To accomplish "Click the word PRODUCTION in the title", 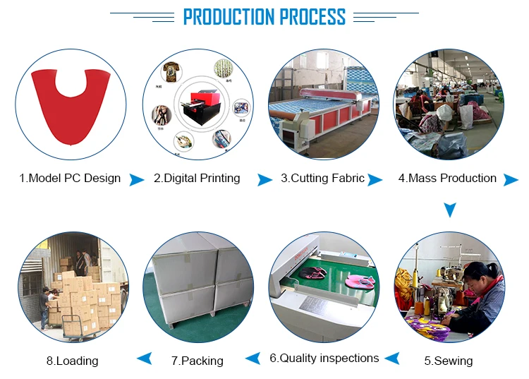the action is [229, 17].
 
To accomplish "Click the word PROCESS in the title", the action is [312, 17].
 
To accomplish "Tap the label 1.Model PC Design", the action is [70, 178].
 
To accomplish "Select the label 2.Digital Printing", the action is [197, 178].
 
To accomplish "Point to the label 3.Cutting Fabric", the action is [323, 178].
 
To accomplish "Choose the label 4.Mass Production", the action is [447, 178].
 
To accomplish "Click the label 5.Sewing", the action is [449, 361].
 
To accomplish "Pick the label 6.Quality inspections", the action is [324, 358].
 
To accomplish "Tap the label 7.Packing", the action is [197, 361].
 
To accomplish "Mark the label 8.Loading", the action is [73, 361].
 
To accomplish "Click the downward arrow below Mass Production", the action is [450, 210].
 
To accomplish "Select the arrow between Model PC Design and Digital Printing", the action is [136, 180].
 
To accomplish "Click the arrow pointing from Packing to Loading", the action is [145, 359].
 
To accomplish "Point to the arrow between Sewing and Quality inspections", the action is [392, 359].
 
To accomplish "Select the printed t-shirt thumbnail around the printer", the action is [171, 71].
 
